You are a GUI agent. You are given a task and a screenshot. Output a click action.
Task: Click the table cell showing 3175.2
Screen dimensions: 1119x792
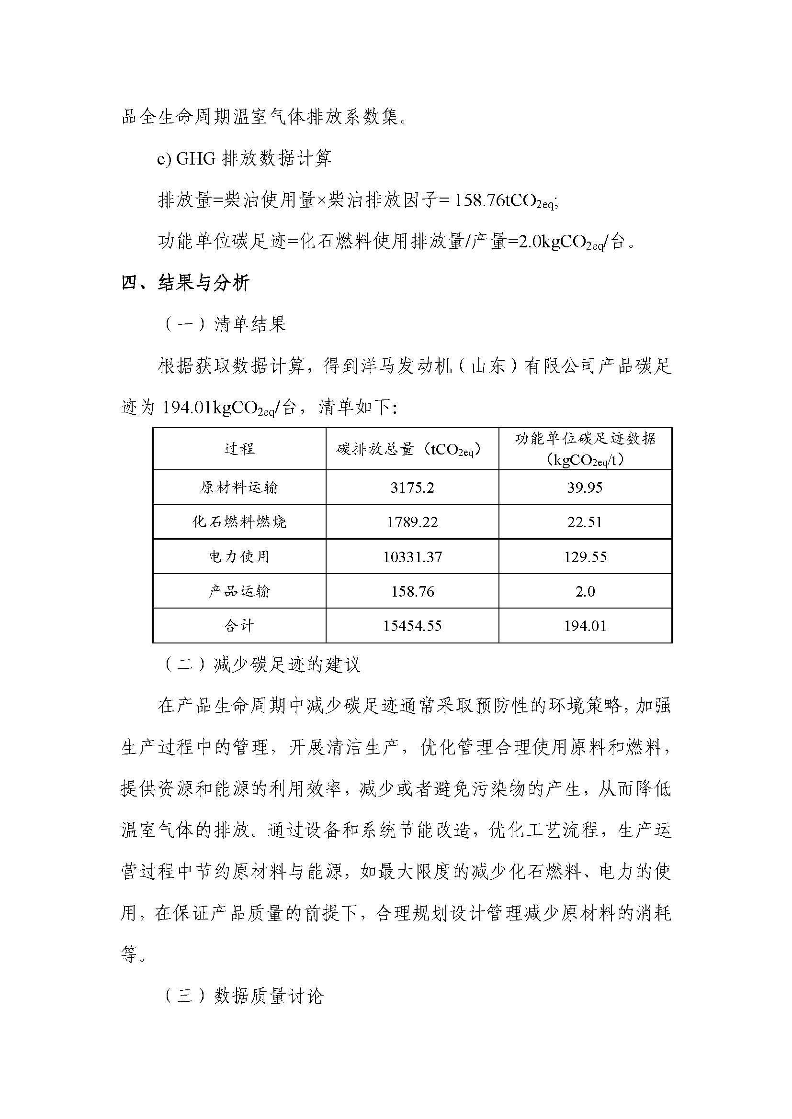[x=412, y=487]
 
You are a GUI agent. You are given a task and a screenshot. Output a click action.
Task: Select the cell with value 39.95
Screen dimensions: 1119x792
[x=585, y=487]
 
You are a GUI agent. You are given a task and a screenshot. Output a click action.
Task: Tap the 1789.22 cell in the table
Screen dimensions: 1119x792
[x=412, y=522]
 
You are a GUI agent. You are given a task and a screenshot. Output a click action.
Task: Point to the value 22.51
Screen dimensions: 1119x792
[x=585, y=522]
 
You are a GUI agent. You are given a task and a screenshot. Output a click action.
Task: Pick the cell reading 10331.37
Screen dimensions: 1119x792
[x=412, y=556]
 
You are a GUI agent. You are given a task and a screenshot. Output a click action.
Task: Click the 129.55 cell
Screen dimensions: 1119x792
[x=585, y=556]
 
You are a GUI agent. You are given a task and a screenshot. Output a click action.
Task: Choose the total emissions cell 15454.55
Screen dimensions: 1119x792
[x=412, y=626]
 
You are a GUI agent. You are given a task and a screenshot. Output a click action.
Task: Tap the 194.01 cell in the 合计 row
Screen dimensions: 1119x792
[x=585, y=626]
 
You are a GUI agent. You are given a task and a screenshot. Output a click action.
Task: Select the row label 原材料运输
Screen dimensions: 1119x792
[x=239, y=487]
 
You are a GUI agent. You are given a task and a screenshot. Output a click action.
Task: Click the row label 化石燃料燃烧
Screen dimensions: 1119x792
[x=239, y=522]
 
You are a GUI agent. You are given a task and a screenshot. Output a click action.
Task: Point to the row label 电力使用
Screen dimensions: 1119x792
[x=239, y=556]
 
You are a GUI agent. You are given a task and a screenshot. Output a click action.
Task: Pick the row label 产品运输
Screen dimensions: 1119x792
[x=239, y=591]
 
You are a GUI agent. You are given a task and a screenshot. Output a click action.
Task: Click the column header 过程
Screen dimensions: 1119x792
[x=239, y=449]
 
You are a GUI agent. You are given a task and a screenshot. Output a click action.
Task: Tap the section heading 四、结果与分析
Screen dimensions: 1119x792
[x=185, y=283]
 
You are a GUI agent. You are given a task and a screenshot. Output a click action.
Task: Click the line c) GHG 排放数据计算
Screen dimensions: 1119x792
[x=244, y=158]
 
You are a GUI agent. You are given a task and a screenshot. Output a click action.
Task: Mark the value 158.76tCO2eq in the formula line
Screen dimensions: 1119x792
[x=505, y=201]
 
